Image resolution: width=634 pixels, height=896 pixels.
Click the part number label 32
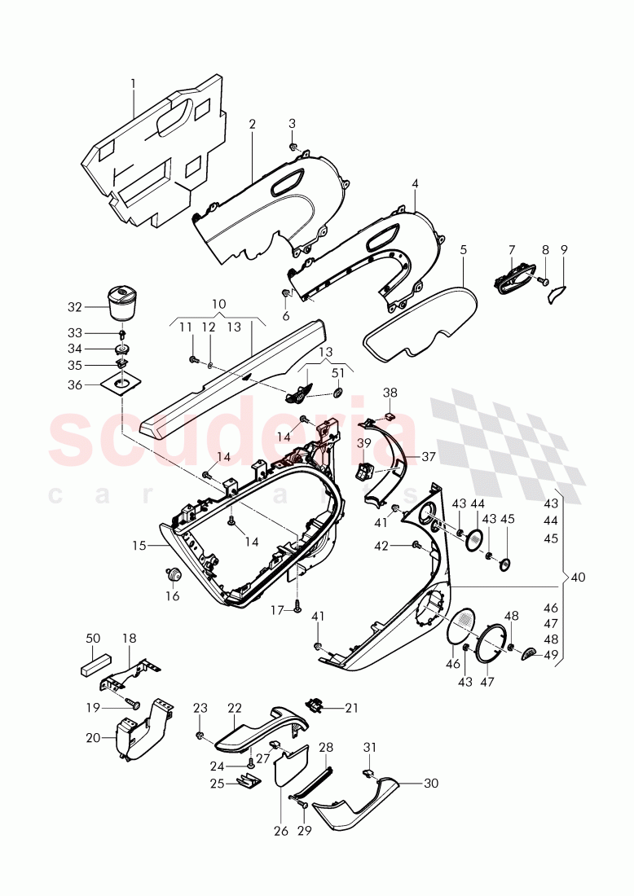point(75,308)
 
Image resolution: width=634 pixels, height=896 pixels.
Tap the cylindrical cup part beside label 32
point(122,302)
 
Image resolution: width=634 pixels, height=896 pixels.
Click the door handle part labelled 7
point(511,279)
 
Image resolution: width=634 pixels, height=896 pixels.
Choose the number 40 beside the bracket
point(578,578)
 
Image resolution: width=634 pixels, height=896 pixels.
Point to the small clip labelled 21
point(315,705)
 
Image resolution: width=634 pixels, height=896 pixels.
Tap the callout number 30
point(431,784)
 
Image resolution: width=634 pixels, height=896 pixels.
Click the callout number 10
point(218,303)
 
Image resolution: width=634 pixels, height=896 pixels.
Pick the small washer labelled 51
point(337,395)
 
